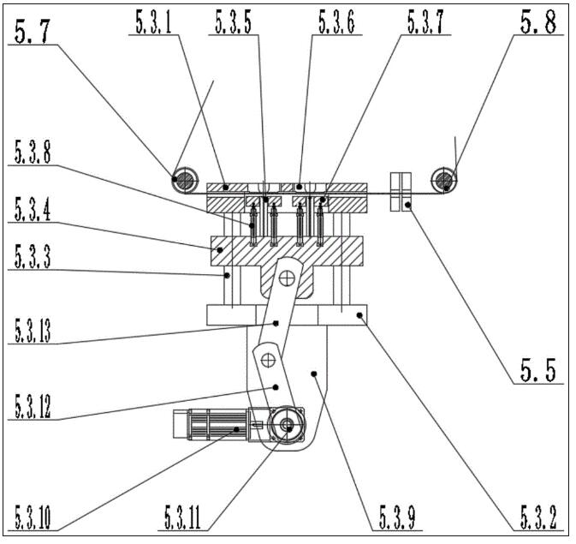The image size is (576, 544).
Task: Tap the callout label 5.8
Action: (538, 21)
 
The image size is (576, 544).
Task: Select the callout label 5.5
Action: (537, 369)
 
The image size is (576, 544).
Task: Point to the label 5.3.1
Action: (153, 22)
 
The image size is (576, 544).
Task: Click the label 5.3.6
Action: (336, 22)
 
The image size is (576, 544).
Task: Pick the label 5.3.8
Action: (33, 152)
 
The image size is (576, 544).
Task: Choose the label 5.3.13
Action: (33, 331)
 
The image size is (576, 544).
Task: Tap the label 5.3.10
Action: (33, 517)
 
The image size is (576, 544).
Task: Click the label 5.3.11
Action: (182, 517)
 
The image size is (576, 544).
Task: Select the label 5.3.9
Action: (397, 517)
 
